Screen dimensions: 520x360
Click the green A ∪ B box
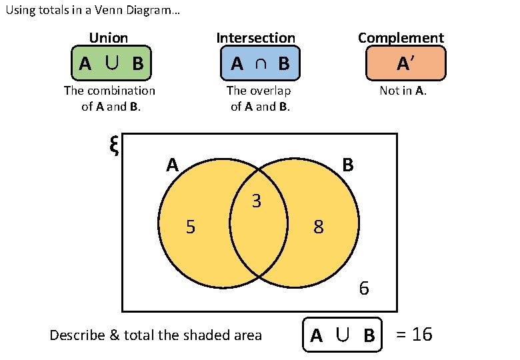click(111, 63)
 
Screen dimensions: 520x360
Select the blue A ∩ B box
click(259, 63)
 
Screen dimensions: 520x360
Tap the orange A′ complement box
click(405, 63)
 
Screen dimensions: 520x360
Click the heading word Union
click(109, 38)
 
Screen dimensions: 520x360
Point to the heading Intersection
click(255, 38)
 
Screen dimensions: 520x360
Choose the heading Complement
click(401, 38)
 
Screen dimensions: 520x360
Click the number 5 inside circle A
click(191, 228)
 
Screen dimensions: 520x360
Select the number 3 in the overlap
click(256, 201)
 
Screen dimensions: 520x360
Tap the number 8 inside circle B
click(319, 228)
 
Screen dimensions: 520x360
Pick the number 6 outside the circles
click(364, 289)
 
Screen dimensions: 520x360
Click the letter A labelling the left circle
click(173, 165)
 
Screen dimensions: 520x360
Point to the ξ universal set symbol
click(113, 145)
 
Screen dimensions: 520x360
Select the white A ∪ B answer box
click(342, 335)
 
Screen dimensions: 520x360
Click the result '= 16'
click(414, 334)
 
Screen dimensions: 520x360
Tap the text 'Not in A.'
click(403, 91)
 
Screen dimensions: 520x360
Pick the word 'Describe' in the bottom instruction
click(76, 335)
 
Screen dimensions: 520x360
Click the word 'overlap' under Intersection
click(271, 91)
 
